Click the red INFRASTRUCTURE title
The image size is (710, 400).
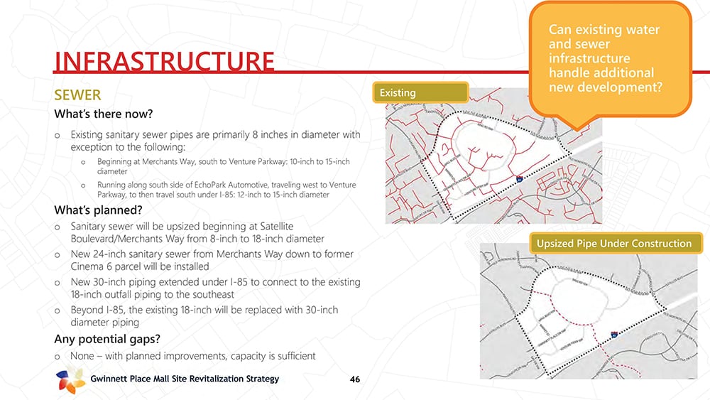(164, 61)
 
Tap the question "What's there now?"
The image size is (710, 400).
(104, 114)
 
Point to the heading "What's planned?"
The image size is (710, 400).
(98, 210)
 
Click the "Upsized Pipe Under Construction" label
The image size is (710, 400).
(613, 244)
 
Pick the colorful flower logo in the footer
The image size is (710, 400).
(70, 380)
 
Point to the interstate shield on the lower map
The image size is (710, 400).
(613, 333)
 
